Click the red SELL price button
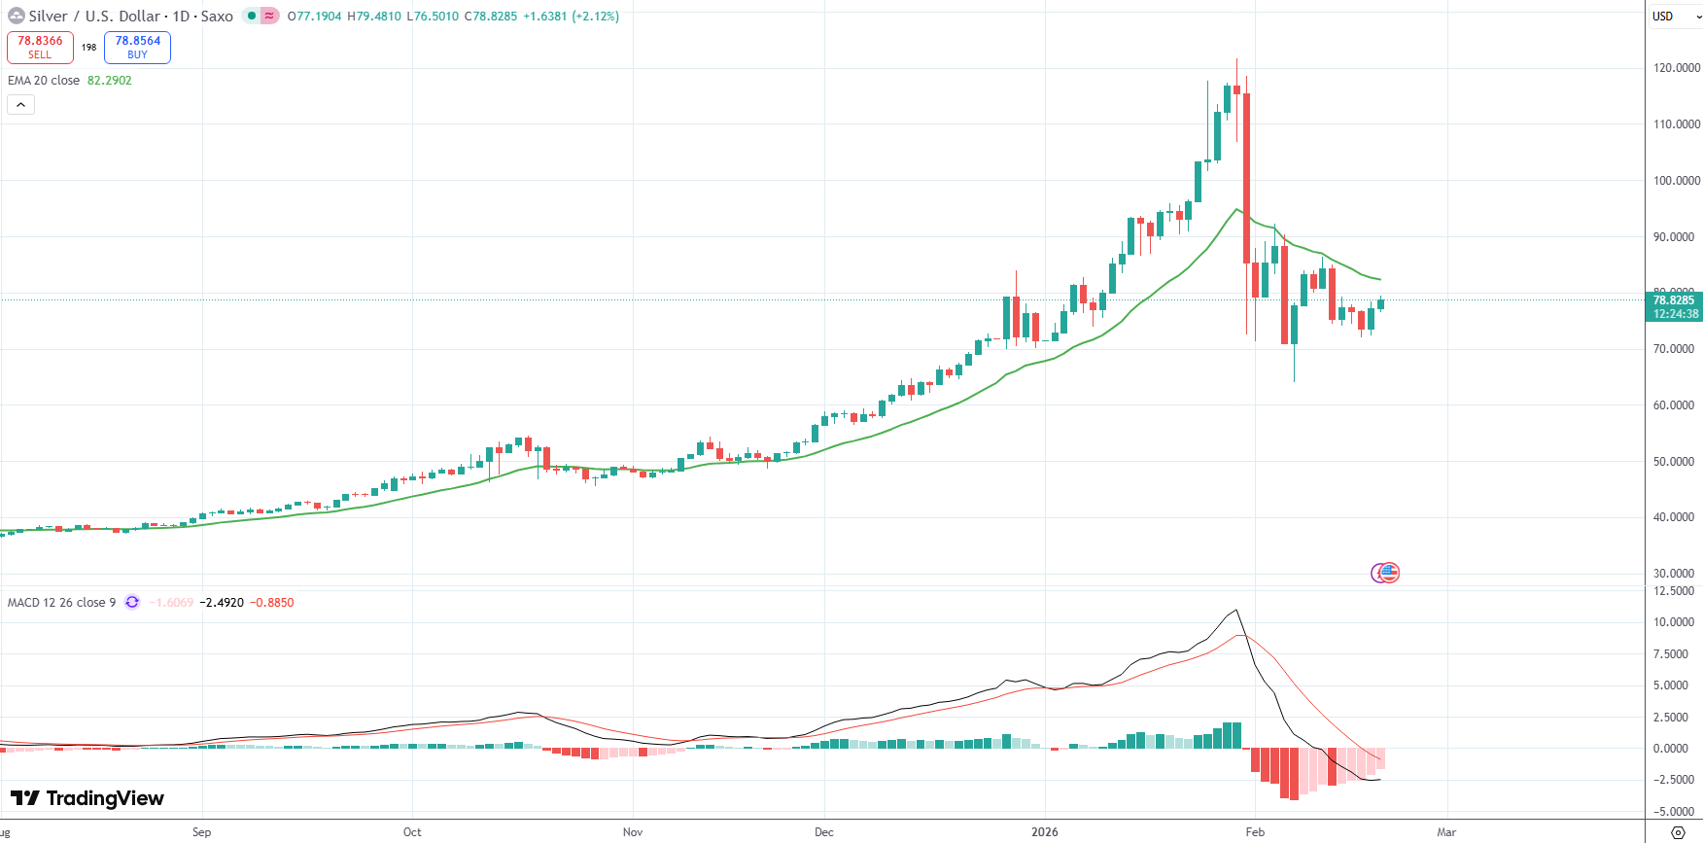(40, 47)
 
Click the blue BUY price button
(137, 47)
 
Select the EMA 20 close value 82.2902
(109, 81)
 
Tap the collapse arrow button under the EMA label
(20, 104)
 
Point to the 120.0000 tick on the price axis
(1676, 68)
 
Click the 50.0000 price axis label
(1676, 462)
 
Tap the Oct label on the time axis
(412, 832)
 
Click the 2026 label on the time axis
(1045, 832)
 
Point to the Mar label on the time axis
(1446, 832)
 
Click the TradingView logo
(87, 798)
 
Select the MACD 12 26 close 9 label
(61, 603)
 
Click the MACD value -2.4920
(222, 603)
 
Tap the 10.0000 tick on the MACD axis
(1673, 622)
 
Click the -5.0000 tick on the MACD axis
(1673, 812)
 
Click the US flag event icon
(1390, 573)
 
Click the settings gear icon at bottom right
(1677, 832)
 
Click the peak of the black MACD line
(1235, 611)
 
